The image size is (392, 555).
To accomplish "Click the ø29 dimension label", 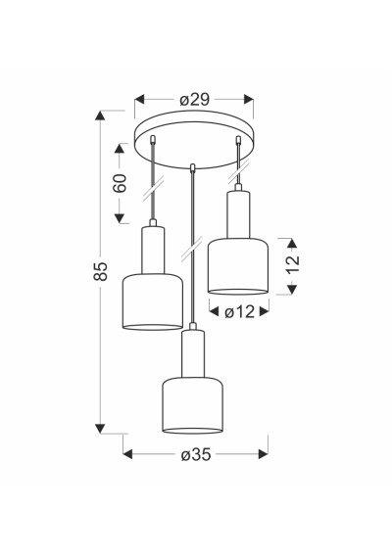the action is [x=194, y=100].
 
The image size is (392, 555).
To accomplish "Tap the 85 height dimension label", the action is [x=100, y=271].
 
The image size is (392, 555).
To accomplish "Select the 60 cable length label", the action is [x=120, y=183].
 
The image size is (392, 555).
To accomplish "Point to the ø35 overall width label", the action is [x=196, y=454].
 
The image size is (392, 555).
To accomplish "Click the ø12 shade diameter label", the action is [x=239, y=311].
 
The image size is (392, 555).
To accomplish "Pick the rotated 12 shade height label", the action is [x=293, y=263].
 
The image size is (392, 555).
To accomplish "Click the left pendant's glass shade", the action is [x=153, y=301].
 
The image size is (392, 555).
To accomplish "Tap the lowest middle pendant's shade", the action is [x=192, y=405].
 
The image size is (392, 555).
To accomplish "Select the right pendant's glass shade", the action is [x=238, y=266].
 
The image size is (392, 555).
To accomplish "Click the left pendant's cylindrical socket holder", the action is [x=153, y=250].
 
